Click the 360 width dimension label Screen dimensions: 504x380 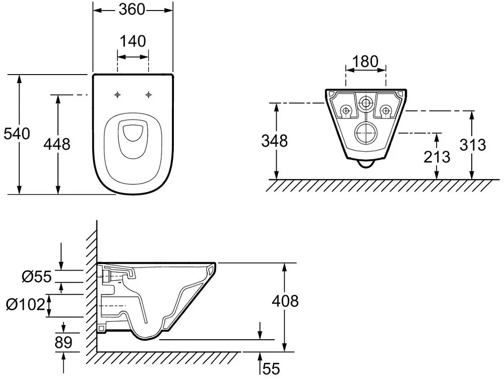(x=132, y=9)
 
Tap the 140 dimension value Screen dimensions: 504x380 (x=133, y=41)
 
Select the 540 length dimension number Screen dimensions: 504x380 (x=17, y=134)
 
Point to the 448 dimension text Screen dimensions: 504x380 (x=57, y=144)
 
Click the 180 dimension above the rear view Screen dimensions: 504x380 (x=365, y=61)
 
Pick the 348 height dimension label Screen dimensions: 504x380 (x=275, y=141)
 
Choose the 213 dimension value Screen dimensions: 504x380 (x=436, y=157)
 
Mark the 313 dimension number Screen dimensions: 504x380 (x=473, y=145)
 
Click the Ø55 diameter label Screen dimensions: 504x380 (x=37, y=277)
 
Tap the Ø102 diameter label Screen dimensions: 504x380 (x=26, y=304)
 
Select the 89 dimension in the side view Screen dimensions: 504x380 (x=64, y=343)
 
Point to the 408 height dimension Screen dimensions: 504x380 (x=285, y=301)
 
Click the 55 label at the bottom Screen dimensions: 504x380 (x=271, y=368)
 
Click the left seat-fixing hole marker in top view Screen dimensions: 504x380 (x=117, y=95)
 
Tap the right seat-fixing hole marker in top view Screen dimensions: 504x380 (x=148, y=95)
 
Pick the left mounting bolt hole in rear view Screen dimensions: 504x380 (x=346, y=110)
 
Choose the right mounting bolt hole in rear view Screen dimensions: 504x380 (x=386, y=110)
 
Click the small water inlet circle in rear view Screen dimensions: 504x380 (x=365, y=103)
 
